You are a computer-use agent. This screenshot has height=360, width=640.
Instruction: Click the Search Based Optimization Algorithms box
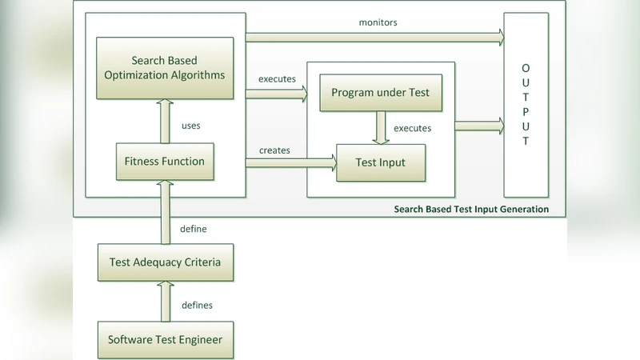[165, 68]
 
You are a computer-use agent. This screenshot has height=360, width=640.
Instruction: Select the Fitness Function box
[165, 161]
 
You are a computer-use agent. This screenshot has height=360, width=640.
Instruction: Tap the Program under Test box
[380, 92]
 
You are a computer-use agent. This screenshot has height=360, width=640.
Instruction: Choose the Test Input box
[380, 162]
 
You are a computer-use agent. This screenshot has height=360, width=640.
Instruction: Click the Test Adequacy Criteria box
[165, 262]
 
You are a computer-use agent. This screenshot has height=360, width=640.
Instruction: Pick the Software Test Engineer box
[165, 340]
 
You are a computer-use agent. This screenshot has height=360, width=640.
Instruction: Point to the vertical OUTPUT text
[526, 104]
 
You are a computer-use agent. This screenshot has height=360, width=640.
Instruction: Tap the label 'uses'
[191, 126]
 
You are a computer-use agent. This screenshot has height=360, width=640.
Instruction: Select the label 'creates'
[274, 150]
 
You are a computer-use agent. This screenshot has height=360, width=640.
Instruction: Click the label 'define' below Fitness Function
[194, 229]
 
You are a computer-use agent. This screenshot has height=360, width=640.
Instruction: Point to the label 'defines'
[197, 305]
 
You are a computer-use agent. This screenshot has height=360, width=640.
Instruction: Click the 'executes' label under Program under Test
[412, 128]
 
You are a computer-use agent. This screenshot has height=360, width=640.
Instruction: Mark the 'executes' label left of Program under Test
[277, 78]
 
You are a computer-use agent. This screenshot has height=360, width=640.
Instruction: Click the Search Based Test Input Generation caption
[471, 209]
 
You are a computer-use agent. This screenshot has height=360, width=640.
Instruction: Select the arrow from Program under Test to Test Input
[380, 127]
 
